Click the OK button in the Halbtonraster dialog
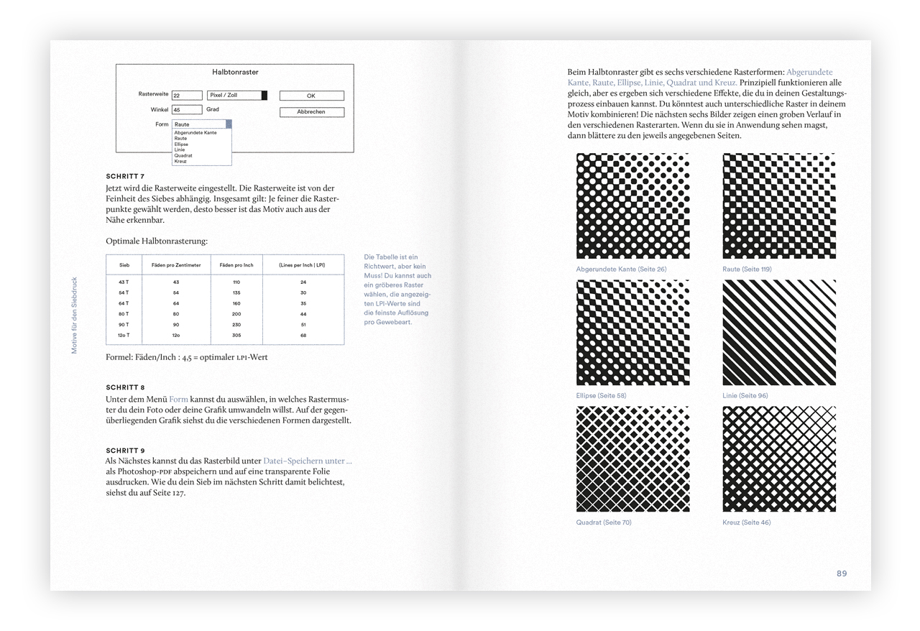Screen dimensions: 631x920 click(311, 96)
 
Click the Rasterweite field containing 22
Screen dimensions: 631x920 click(187, 95)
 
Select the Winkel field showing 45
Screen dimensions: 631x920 click(187, 110)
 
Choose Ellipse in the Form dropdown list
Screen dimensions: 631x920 click(181, 144)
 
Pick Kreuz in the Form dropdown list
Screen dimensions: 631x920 click(180, 162)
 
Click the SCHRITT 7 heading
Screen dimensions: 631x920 click(125, 177)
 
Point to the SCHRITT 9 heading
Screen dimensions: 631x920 click(125, 451)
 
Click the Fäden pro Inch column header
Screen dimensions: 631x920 click(236, 265)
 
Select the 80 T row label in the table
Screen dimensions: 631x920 click(124, 314)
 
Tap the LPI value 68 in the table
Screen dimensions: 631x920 click(303, 335)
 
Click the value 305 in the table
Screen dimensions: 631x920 click(236, 335)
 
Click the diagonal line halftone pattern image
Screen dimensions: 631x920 click(779, 333)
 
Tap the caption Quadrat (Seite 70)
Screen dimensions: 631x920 click(604, 522)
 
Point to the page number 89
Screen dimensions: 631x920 click(842, 574)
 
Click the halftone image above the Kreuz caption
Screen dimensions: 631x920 click(779, 459)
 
